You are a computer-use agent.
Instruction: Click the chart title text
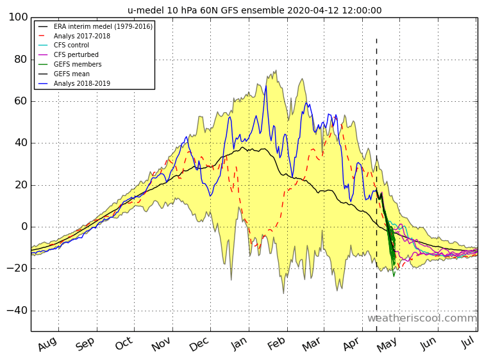(255, 10)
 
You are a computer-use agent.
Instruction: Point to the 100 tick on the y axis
(18, 17)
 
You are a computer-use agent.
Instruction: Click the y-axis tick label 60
(21, 101)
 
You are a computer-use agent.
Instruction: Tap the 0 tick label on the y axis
(24, 227)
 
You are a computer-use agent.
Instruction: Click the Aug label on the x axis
(47, 345)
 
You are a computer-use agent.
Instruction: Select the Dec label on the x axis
(199, 345)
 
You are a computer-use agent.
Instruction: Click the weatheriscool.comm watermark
(422, 318)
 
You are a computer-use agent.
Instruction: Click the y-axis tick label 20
(21, 185)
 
